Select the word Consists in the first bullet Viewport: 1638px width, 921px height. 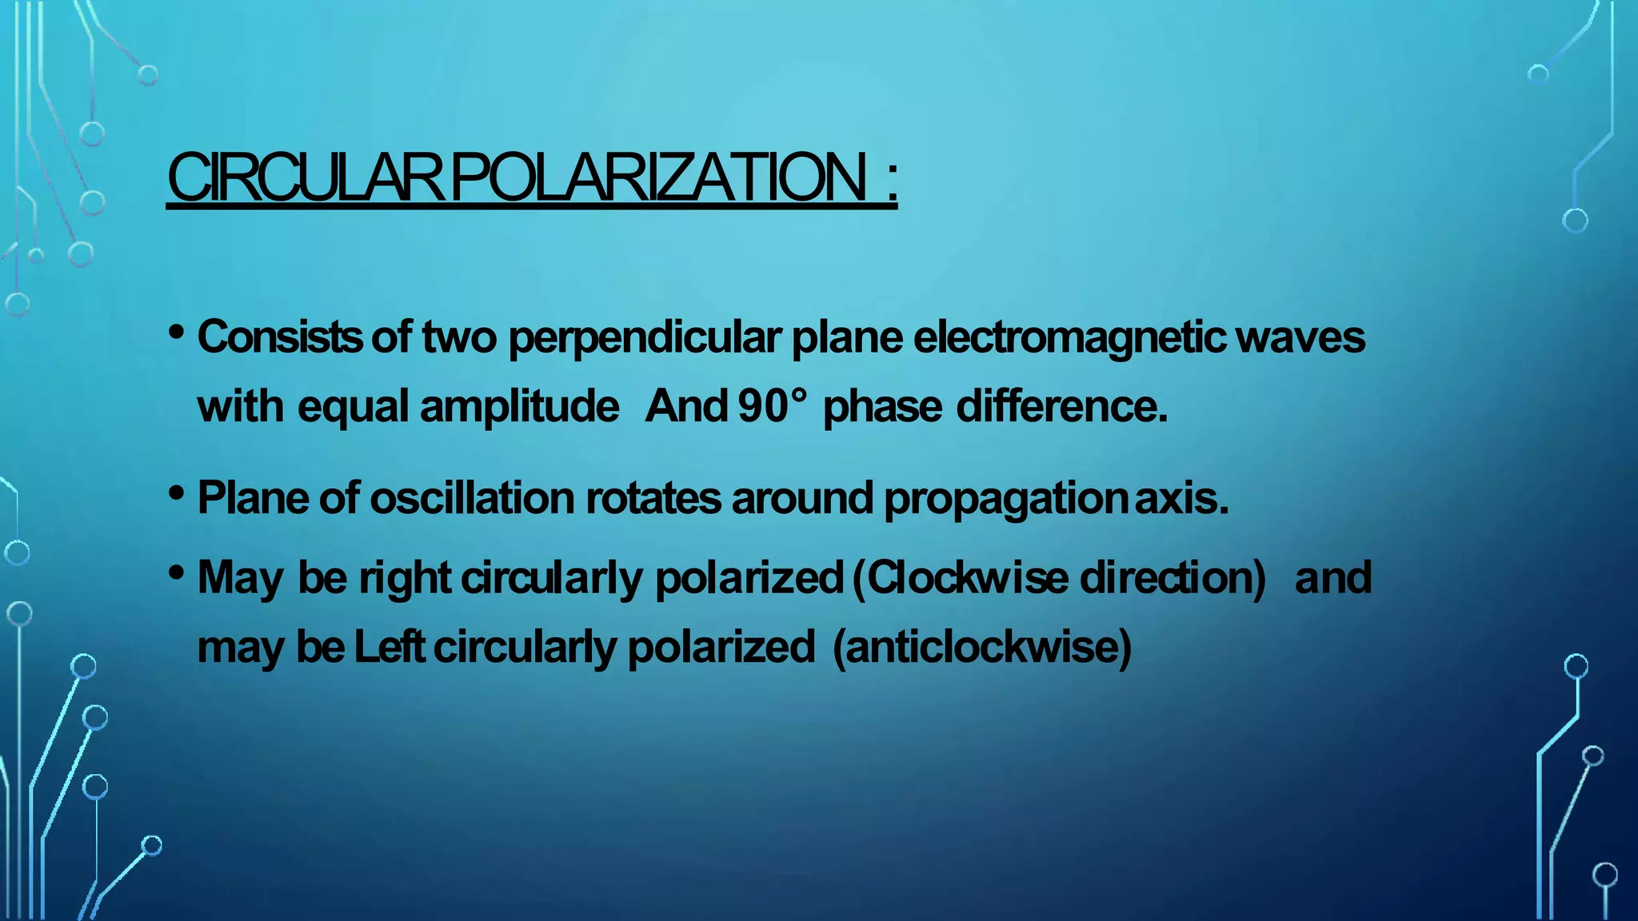point(279,337)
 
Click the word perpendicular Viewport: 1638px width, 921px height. point(645,338)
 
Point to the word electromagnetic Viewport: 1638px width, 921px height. point(1069,338)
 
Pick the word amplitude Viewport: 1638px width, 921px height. point(519,406)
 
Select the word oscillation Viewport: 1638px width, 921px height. point(472,498)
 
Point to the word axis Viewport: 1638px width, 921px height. point(1181,498)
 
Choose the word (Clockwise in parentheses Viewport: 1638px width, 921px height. point(960,577)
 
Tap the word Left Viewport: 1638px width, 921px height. point(389,646)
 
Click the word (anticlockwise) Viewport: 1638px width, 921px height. point(982,647)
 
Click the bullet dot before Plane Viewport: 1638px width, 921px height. point(178,492)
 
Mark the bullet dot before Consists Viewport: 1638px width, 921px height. point(178,330)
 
